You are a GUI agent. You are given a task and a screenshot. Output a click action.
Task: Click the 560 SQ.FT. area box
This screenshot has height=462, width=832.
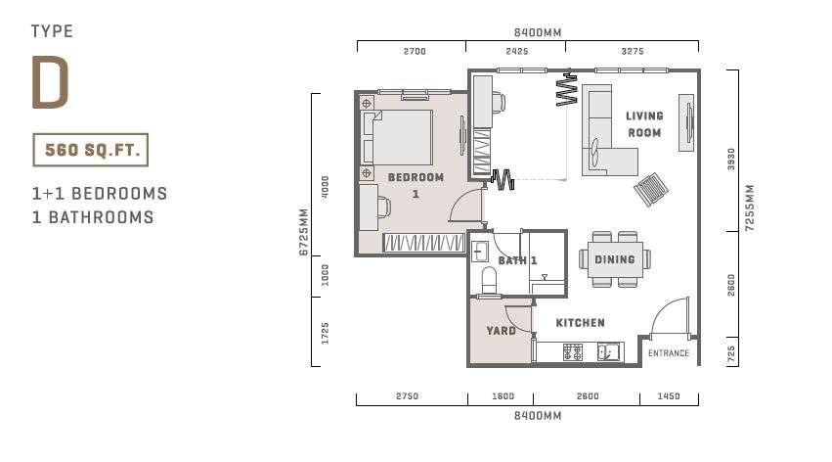tap(90, 150)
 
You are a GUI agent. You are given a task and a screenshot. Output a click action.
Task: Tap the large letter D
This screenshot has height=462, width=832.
tap(51, 82)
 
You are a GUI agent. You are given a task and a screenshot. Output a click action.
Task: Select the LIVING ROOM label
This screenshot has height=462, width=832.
tap(644, 124)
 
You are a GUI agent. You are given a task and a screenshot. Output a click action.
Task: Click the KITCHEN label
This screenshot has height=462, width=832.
tap(580, 322)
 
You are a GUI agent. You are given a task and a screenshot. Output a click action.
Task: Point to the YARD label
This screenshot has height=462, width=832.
tap(501, 330)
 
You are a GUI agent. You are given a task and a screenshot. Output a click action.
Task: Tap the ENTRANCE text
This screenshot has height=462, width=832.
tap(669, 353)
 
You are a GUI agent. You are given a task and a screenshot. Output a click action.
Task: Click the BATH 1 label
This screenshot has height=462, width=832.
tap(517, 260)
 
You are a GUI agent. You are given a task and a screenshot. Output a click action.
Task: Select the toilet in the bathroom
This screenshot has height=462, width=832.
tap(489, 280)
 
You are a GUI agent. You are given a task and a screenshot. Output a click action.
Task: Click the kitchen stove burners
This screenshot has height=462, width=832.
tap(573, 352)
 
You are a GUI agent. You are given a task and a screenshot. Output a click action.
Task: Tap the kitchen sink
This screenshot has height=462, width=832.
tap(608, 352)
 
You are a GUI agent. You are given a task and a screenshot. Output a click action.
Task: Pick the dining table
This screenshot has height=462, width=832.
tap(615, 259)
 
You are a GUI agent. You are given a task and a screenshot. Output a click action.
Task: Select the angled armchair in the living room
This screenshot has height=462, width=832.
tap(650, 189)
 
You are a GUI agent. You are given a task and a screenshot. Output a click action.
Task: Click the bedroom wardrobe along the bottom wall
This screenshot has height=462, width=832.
tap(423, 243)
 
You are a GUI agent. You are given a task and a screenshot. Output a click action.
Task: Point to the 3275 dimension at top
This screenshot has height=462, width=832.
tap(632, 52)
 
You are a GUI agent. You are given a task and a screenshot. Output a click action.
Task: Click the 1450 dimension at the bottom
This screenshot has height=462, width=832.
tap(669, 396)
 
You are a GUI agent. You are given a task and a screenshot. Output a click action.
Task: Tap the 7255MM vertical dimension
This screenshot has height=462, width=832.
tap(749, 208)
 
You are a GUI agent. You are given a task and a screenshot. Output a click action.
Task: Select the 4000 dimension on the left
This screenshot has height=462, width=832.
tap(326, 187)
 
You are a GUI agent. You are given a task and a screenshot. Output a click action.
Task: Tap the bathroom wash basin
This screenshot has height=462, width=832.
tap(480, 252)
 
